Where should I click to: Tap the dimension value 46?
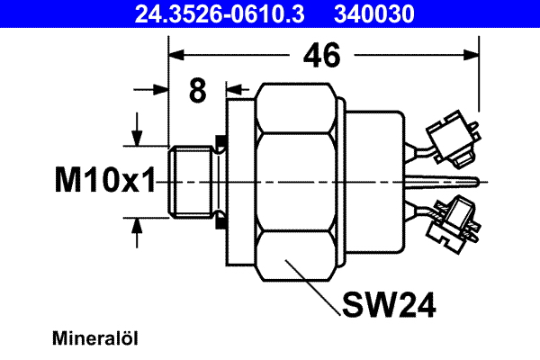321,56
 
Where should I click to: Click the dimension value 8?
198,90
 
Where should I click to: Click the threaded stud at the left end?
191,182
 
